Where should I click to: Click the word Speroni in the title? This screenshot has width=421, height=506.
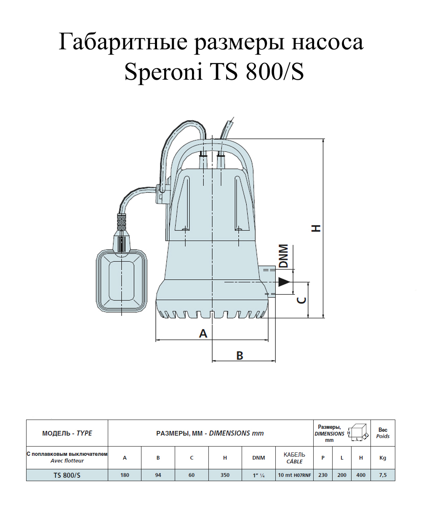(x=163, y=73)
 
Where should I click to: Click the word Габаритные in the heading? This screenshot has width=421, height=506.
(x=123, y=43)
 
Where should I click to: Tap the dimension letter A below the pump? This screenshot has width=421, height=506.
(x=203, y=334)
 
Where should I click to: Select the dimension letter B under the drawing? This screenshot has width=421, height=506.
(x=240, y=355)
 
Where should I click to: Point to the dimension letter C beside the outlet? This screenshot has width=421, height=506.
(x=301, y=300)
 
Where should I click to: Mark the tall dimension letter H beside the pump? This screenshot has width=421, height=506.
(x=316, y=228)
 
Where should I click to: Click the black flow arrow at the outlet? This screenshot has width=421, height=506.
(x=284, y=282)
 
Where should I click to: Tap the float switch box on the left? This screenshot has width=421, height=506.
(x=122, y=281)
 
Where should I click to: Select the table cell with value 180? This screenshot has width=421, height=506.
(x=125, y=475)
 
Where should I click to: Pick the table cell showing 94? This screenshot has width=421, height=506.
(x=158, y=475)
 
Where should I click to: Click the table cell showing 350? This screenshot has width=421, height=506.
(x=225, y=475)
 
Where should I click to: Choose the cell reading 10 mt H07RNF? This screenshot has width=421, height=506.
(x=294, y=475)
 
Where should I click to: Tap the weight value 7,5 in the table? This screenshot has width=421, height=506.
(x=383, y=475)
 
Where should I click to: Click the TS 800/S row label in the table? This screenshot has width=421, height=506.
(x=67, y=475)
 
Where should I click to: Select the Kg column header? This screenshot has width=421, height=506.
(x=383, y=458)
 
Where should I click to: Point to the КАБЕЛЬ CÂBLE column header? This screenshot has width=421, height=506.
(x=294, y=458)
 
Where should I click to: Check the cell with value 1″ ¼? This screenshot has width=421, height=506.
(x=258, y=475)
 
